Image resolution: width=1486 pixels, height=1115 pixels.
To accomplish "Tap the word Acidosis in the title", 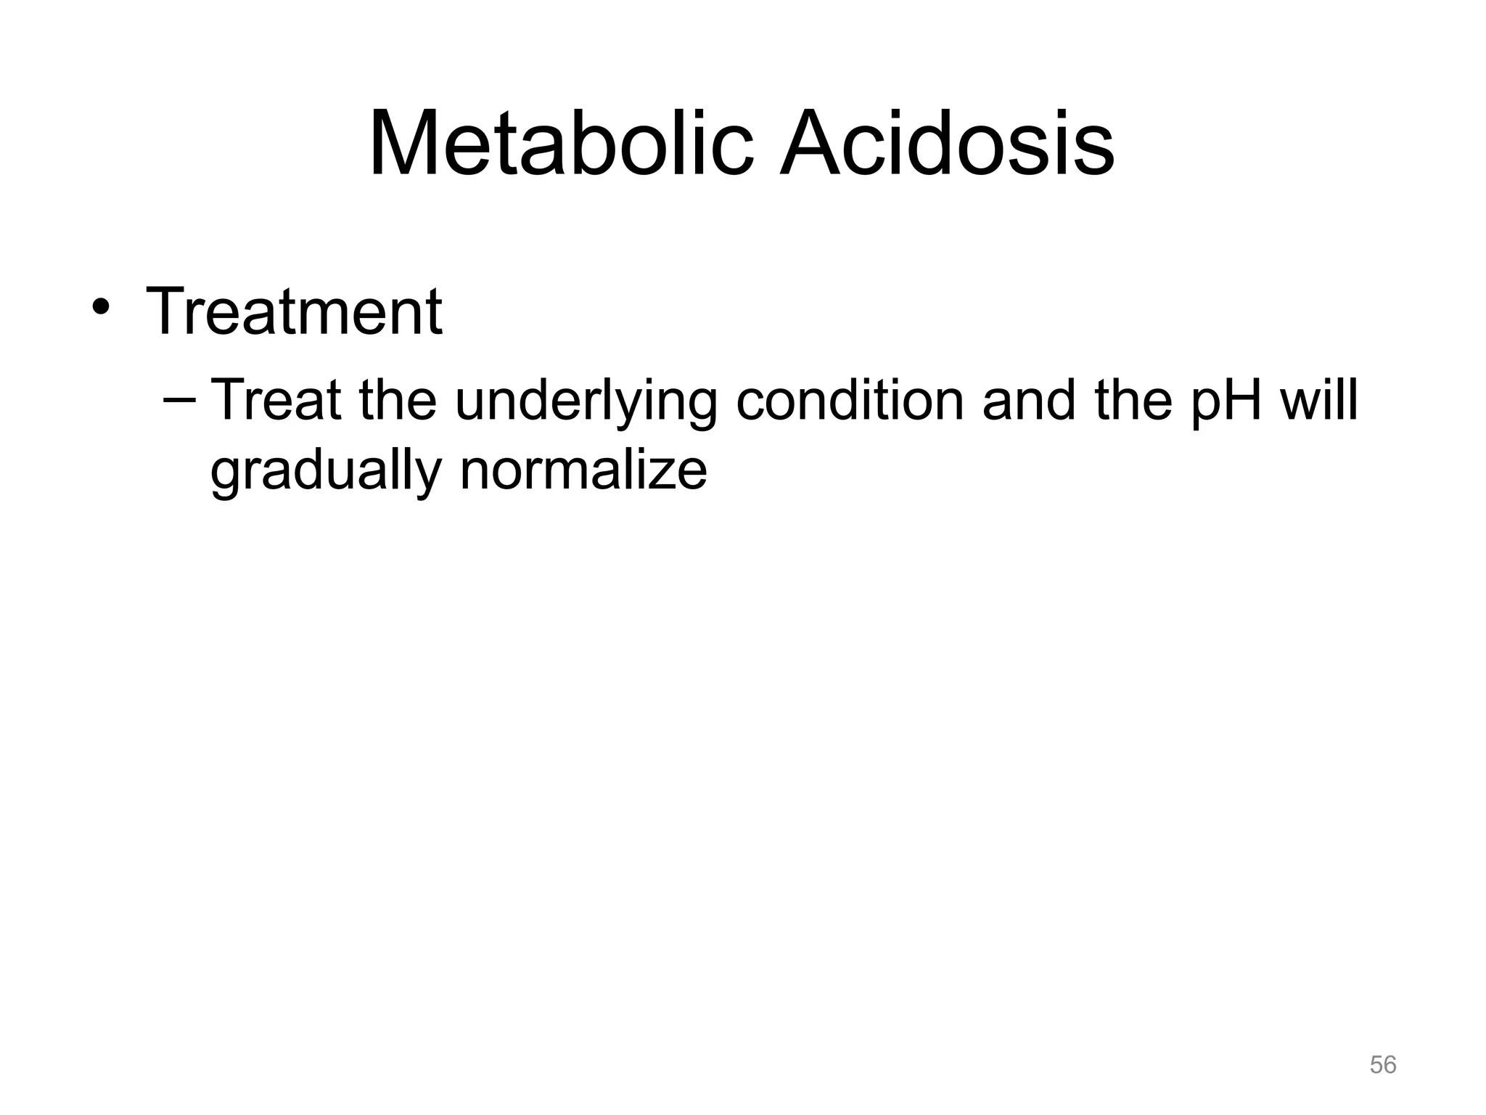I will (946, 143).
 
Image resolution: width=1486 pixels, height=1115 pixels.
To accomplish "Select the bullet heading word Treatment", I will (294, 311).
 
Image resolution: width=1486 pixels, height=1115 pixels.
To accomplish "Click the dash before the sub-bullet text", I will (179, 400).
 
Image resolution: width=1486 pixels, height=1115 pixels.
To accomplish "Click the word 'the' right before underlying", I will (397, 400).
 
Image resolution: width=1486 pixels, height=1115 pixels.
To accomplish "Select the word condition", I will (850, 400).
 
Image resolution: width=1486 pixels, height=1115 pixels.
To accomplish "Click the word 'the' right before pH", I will (1133, 400).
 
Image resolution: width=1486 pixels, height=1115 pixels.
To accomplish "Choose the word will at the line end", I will (1318, 400).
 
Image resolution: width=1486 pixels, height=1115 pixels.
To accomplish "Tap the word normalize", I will (583, 470).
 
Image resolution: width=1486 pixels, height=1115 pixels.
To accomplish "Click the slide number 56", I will (1383, 1065).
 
